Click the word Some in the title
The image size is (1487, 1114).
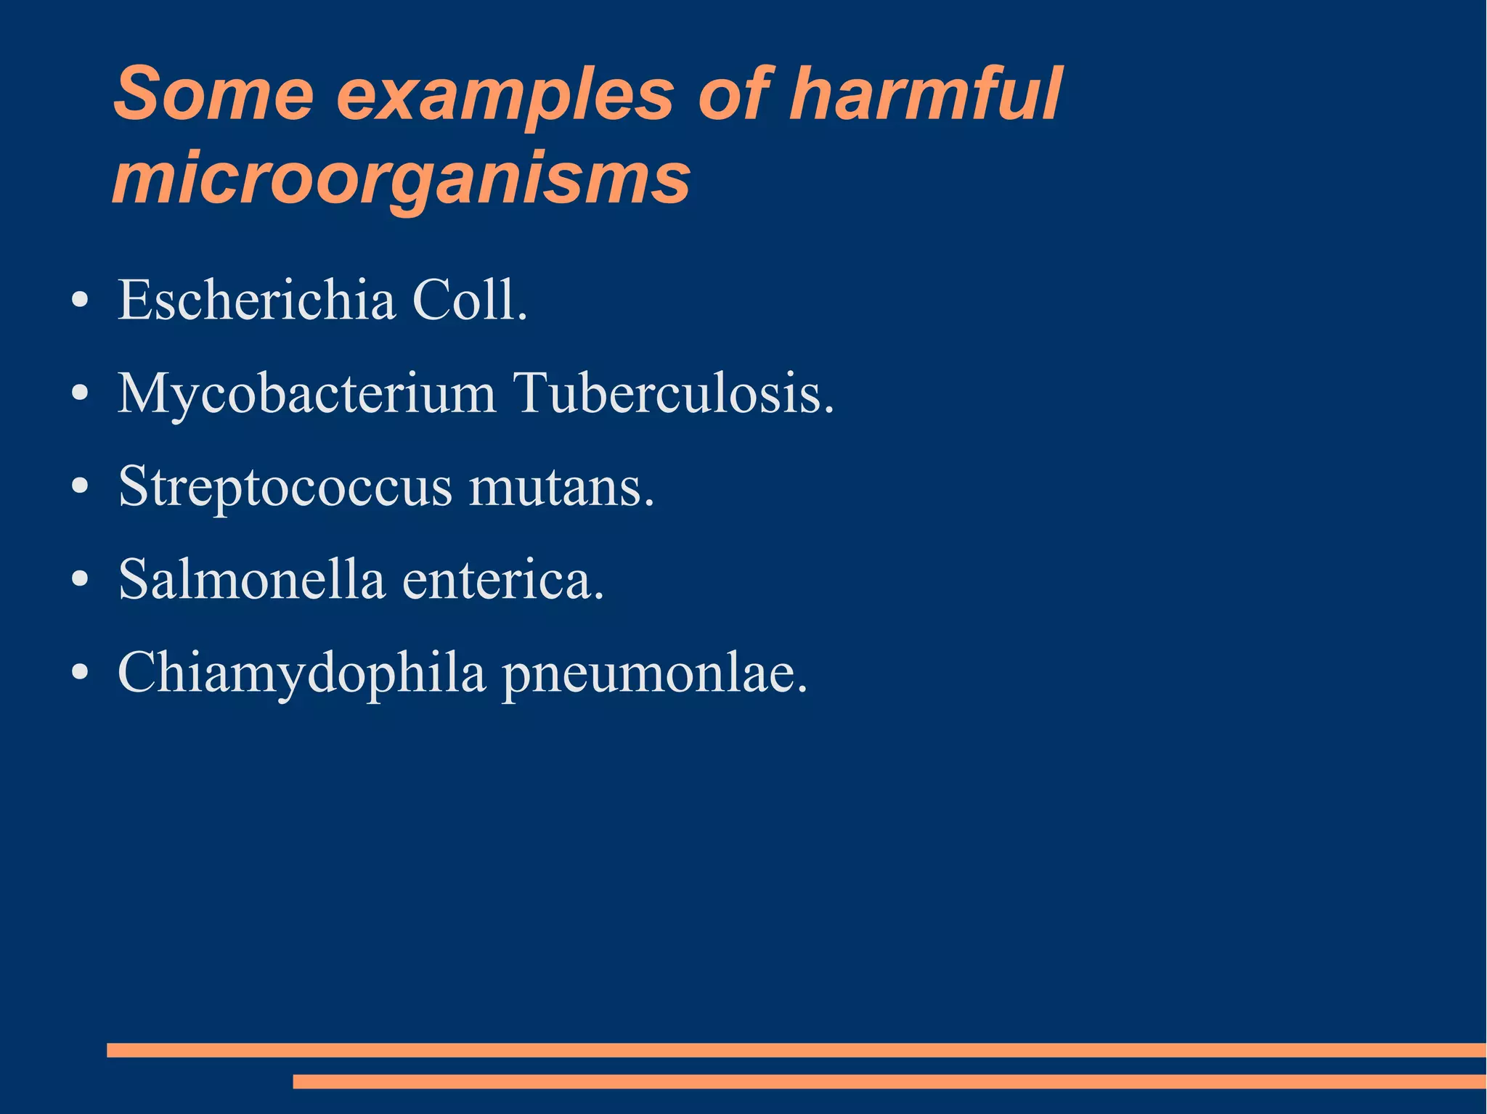coord(213,95)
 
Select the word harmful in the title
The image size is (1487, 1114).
coord(925,95)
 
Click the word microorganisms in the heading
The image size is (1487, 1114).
coord(401,179)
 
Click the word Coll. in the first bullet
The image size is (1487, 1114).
coord(470,300)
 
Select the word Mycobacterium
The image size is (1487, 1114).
coord(306,394)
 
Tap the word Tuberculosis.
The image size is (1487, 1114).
coord(675,394)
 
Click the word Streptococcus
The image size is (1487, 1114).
coord(285,487)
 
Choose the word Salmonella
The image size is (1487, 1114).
coord(250,580)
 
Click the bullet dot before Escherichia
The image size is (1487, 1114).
coord(81,300)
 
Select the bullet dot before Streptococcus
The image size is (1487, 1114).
coord(81,487)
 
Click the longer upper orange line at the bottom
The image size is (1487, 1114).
coord(796,1050)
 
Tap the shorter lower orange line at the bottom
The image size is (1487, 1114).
coord(889,1081)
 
